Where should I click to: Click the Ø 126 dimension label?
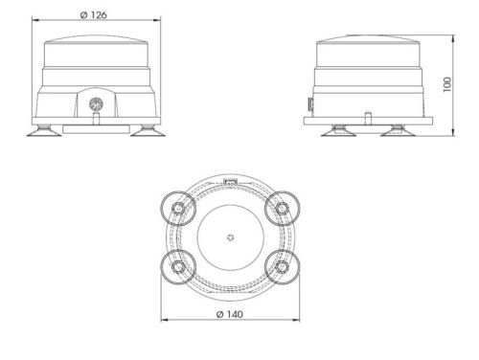(x=93, y=15)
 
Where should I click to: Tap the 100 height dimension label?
(x=447, y=84)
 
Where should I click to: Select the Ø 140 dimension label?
(x=230, y=314)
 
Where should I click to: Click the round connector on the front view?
(x=96, y=104)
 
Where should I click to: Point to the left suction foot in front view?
(x=44, y=131)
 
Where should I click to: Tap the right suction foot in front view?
(x=148, y=131)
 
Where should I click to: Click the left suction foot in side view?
(x=339, y=131)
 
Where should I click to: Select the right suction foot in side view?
(x=398, y=131)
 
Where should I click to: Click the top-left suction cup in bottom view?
(x=178, y=209)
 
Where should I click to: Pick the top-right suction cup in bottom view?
(x=282, y=209)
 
